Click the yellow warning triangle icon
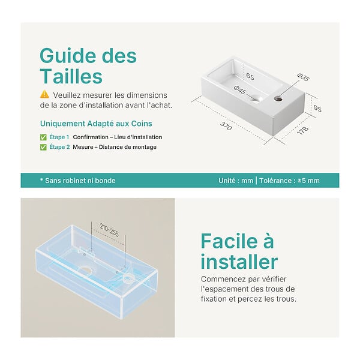pos(44,94)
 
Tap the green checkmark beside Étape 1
pos(43,137)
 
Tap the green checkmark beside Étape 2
pos(43,147)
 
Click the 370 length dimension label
pos(226,126)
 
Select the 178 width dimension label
pos(303,130)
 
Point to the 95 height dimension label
pos(317,109)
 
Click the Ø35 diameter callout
pos(303,77)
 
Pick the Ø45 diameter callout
pos(240,90)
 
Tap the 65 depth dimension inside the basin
pos(250,76)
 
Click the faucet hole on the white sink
pos(278,99)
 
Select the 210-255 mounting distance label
pos(110,230)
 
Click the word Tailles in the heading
pos(71,76)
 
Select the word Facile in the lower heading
pos(229,241)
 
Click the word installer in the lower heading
pos(239,262)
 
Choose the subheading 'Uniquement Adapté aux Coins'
pos(96,124)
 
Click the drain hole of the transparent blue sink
pos(85,271)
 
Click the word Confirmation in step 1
pos(91,137)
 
